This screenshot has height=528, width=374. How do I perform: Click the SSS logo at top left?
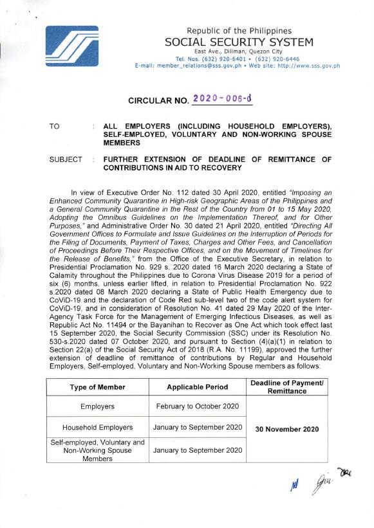pyautogui.click(x=72, y=47)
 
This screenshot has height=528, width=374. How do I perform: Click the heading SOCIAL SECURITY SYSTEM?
pyautogui.click(x=239, y=42)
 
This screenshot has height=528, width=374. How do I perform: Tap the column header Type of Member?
pyautogui.click(x=98, y=387)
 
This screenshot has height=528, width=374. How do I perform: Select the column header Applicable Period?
pyautogui.click(x=197, y=387)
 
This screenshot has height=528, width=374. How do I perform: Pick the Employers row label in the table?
pyautogui.click(x=98, y=406)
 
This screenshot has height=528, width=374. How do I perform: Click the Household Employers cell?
pyautogui.click(x=98, y=428)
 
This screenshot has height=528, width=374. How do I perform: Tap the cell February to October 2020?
pyautogui.click(x=197, y=406)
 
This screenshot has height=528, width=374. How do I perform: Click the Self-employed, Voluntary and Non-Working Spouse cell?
pyautogui.click(x=98, y=450)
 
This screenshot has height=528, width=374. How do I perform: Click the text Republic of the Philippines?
pyautogui.click(x=239, y=31)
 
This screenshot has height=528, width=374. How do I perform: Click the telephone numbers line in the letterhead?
pyautogui.click(x=239, y=59)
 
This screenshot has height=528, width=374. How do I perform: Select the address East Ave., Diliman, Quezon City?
pyautogui.click(x=239, y=51)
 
